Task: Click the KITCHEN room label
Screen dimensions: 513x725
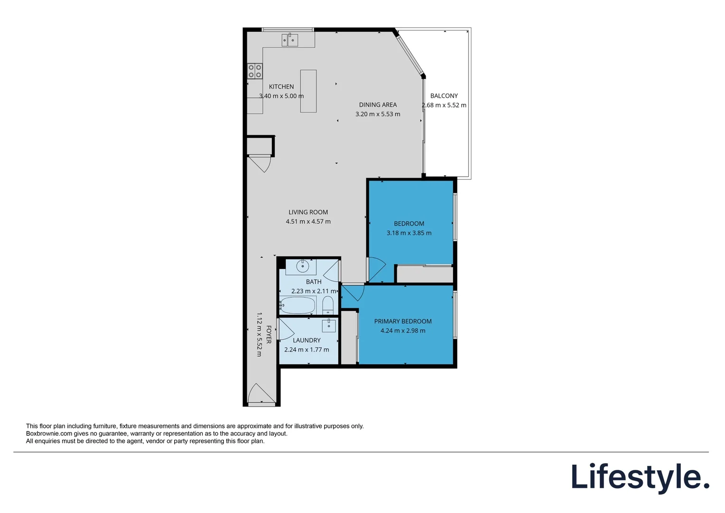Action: (x=281, y=87)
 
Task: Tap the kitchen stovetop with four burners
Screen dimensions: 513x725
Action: (x=255, y=71)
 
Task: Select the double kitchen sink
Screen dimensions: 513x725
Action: (x=290, y=40)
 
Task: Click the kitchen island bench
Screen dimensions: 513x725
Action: (x=308, y=91)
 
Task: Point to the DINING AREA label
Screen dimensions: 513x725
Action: (x=378, y=105)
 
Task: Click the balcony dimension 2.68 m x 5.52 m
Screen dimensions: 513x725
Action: (x=444, y=105)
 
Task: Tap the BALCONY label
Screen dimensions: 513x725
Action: (x=444, y=96)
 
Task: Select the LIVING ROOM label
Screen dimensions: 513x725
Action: (x=308, y=212)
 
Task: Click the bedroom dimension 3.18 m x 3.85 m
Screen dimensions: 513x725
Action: (x=409, y=233)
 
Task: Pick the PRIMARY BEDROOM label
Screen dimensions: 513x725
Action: (x=403, y=322)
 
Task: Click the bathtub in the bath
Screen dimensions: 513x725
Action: (x=297, y=305)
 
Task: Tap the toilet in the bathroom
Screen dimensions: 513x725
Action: (x=328, y=305)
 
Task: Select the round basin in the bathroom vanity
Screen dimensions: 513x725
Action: (x=303, y=266)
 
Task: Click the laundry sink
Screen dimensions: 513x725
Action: (x=329, y=326)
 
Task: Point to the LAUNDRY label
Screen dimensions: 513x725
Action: (x=307, y=341)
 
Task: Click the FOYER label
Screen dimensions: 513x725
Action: (x=269, y=335)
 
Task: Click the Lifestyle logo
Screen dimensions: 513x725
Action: (x=640, y=477)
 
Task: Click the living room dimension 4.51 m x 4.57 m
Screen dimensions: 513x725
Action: (x=308, y=222)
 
